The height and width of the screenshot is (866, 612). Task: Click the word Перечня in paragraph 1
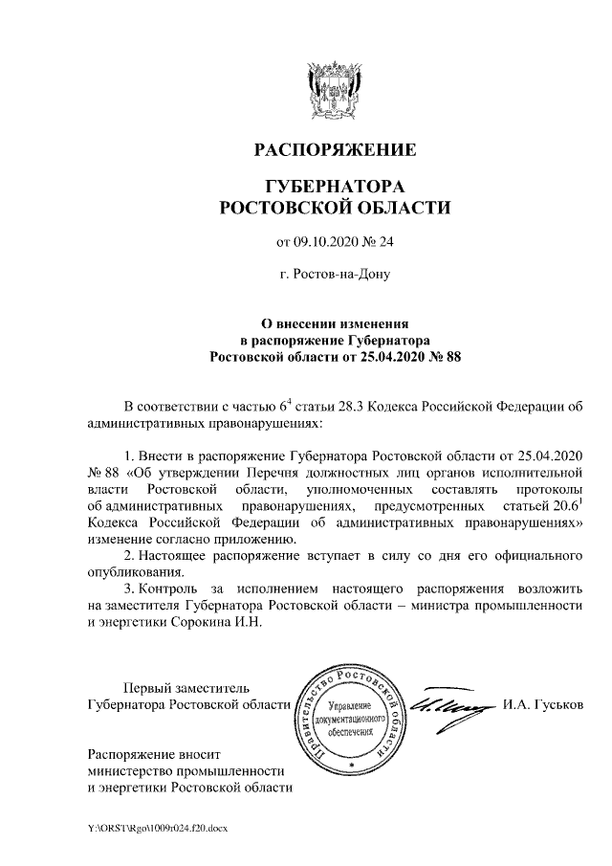(x=288, y=471)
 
